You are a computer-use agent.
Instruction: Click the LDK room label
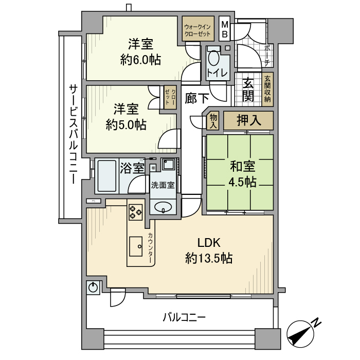209,242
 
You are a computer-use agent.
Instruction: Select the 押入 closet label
248,121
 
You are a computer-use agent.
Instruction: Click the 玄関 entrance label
248,89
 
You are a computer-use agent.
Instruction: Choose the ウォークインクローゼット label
197,29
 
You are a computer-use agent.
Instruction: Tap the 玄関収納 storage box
267,91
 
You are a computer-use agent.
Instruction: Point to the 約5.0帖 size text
126,124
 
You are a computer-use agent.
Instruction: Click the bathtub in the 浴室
106,175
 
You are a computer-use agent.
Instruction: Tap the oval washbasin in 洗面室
164,208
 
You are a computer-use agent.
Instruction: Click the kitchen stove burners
136,211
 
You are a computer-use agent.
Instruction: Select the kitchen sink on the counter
137,246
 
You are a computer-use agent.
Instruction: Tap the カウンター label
150,248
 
